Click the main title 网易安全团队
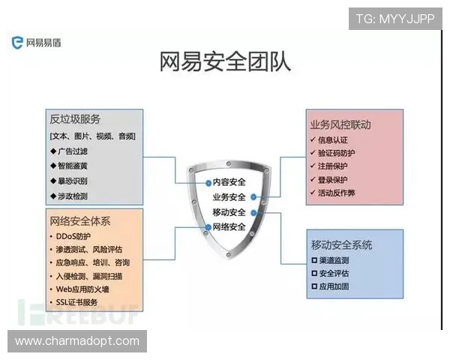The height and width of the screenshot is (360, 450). coord(225,61)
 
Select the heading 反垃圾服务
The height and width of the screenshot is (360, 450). coord(75,120)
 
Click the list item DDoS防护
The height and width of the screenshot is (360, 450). coord(73,236)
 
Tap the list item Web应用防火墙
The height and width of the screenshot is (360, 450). coord(82,289)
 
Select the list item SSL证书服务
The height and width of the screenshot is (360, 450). coord(77,301)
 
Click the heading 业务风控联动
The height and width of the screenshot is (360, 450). coord(340,124)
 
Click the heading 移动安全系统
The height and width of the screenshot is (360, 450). coord(342,244)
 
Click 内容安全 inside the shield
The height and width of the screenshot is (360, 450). coord(229,182)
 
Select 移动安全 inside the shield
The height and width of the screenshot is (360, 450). coord(229,212)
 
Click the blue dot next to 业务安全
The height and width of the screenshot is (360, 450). coord(254,197)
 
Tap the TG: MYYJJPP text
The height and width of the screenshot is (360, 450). coord(395,18)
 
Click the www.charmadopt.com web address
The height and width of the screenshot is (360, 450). coord(77,341)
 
